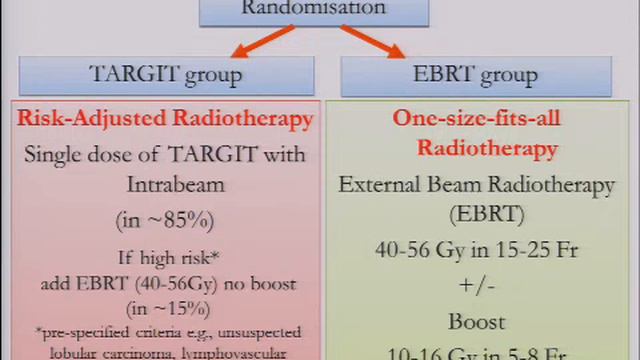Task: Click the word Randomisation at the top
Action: point(314,8)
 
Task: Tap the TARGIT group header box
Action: point(165,75)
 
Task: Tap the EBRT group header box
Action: point(475,75)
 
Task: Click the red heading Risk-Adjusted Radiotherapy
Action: point(165,119)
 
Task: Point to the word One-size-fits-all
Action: point(475,119)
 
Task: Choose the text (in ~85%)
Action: point(165,220)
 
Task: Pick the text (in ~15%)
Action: point(165,307)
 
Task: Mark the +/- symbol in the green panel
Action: point(475,286)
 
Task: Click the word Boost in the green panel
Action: point(475,322)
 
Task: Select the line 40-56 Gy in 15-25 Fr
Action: point(475,251)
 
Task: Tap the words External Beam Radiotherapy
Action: point(475,186)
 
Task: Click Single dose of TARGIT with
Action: point(165,155)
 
